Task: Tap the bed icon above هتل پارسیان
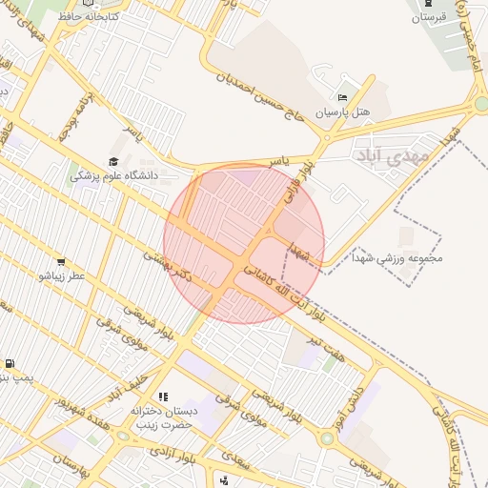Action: (343, 97)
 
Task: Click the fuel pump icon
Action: (10, 363)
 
